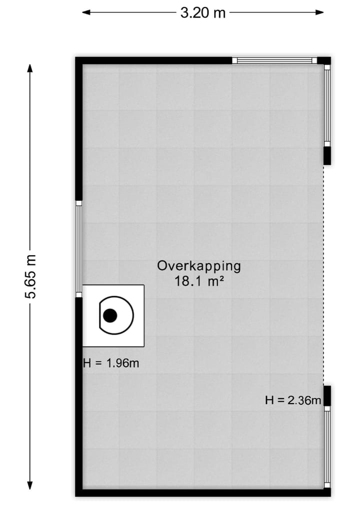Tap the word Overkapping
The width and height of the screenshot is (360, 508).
[199, 266]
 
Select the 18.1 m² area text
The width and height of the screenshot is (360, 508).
[198, 281]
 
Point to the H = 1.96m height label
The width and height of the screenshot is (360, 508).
[111, 363]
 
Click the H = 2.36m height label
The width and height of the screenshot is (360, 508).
[292, 400]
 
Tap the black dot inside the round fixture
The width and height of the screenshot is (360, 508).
[110, 315]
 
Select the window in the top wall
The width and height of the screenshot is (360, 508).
[274, 61]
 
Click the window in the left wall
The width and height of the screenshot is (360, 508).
[78, 248]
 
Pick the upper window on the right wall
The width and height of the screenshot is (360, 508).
[327, 105]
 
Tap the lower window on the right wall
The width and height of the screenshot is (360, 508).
[327, 447]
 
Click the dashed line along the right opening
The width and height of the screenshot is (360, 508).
[323, 275]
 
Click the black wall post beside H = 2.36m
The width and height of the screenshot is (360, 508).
[327, 396]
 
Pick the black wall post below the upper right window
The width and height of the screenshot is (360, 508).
[327, 154]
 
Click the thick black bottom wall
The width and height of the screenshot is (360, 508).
[200, 493]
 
